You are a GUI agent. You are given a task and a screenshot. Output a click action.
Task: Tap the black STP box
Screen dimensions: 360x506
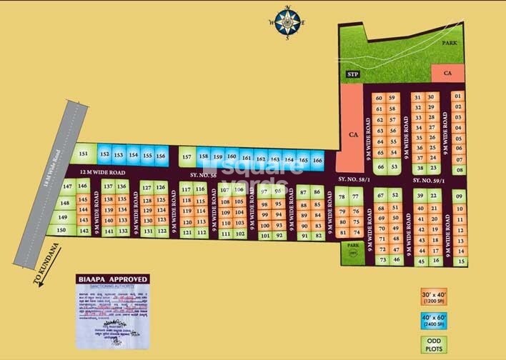pos(352,74)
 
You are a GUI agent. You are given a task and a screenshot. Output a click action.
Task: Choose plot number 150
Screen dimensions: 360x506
pos(61,230)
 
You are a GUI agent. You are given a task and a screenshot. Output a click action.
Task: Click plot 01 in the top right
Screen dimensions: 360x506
pos(458,96)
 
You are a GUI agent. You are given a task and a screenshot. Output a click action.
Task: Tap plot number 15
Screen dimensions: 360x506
pos(460,261)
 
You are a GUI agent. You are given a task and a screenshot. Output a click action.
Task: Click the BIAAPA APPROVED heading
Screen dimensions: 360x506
pos(114,279)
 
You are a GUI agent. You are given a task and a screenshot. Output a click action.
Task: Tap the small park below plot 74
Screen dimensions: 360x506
pos(352,251)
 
